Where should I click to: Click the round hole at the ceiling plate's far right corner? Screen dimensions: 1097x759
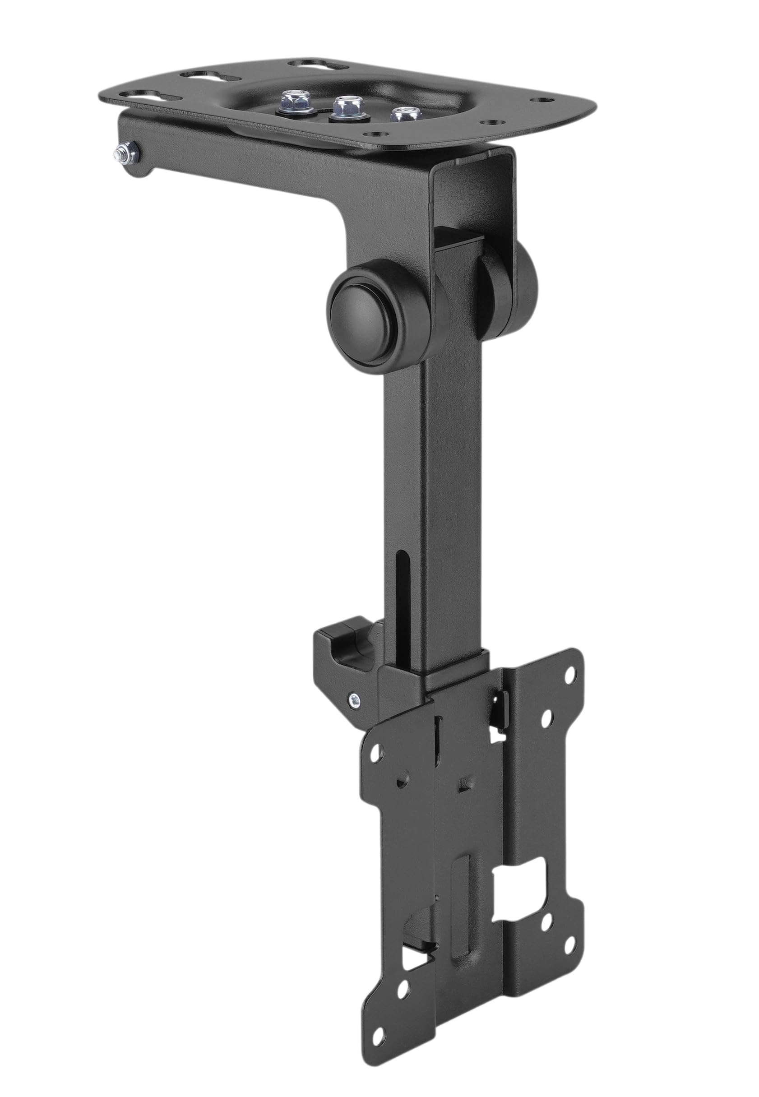pyautogui.click(x=540, y=101)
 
